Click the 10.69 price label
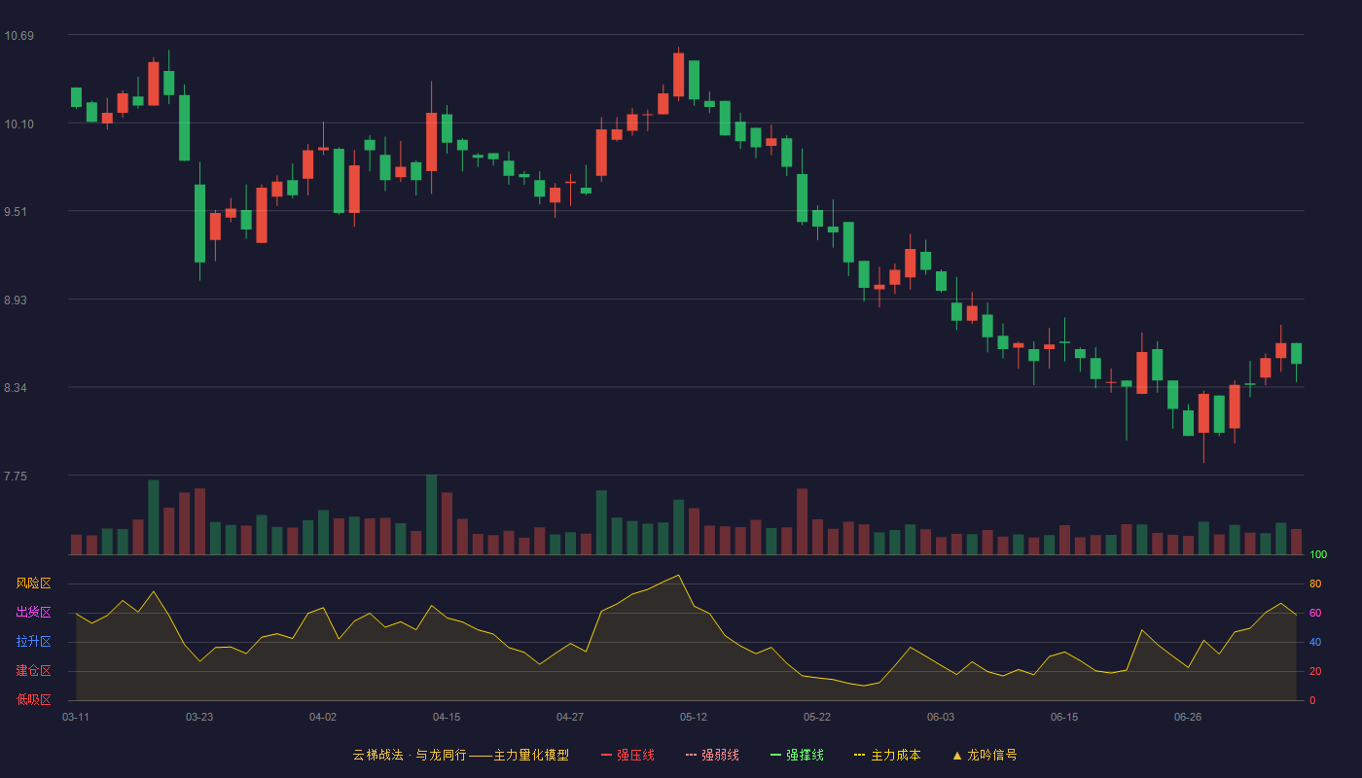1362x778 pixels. [18, 36]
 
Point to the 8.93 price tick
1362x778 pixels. [16, 301]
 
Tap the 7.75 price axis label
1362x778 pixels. [16, 477]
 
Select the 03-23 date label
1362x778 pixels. [199, 718]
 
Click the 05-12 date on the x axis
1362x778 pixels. [693, 718]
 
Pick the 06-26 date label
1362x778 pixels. [1188, 718]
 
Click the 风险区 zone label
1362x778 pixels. [33, 583]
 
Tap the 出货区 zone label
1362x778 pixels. [33, 612]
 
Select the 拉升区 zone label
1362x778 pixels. [33, 641]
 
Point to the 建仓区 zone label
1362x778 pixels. [33, 670]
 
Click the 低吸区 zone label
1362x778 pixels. [33, 699]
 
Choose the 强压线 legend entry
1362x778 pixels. [627, 755]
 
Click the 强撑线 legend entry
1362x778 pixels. [797, 755]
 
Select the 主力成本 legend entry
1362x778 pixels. [887, 755]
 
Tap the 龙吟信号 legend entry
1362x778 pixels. [985, 755]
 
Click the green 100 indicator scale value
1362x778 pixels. [1318, 554]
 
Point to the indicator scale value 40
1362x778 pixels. [1315, 642]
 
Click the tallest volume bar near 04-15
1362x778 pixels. [432, 514]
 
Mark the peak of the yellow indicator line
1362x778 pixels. [678, 575]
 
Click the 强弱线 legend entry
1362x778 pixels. [712, 755]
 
